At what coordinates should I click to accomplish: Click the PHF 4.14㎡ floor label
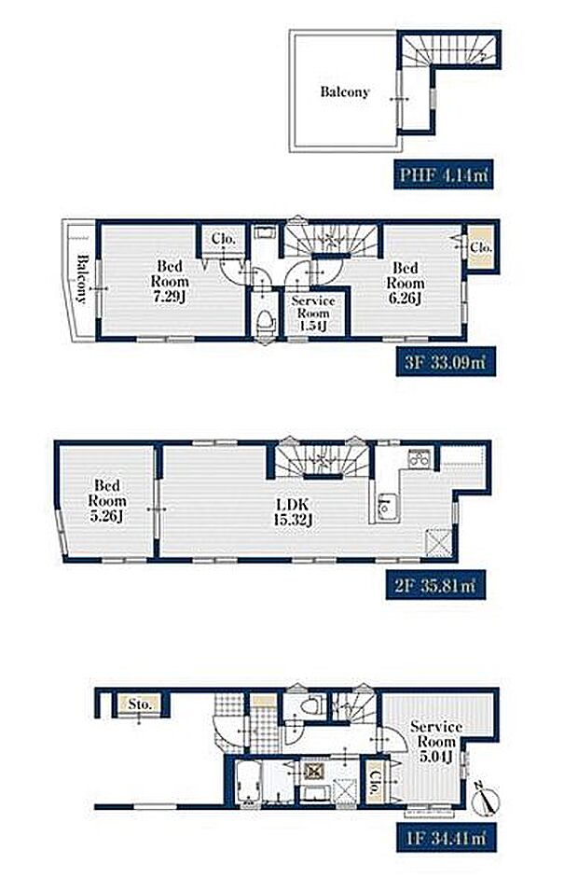[444, 174]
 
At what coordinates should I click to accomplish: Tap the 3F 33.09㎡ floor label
[447, 362]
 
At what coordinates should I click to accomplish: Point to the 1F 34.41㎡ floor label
[447, 838]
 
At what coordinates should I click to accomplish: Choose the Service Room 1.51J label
[313, 314]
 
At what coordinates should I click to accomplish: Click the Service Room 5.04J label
[436, 742]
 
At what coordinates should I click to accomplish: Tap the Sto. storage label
[140, 704]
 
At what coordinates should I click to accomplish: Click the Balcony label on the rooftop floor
[345, 91]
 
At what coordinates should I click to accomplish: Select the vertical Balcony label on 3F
[83, 278]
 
